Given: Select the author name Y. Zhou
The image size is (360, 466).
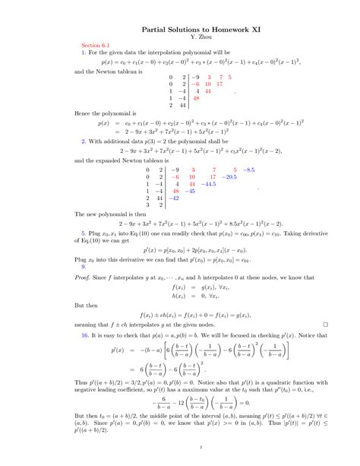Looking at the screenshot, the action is click(180, 36).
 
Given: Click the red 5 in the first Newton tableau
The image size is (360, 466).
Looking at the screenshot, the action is click(229, 77).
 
